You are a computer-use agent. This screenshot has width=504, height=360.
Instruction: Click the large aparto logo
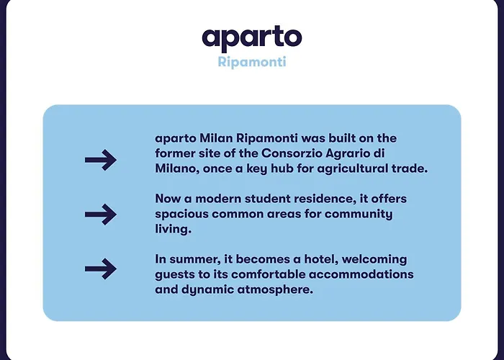click(x=252, y=39)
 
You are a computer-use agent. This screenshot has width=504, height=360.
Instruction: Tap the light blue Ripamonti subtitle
click(x=252, y=61)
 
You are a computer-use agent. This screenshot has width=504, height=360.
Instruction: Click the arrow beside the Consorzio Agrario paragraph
click(x=101, y=160)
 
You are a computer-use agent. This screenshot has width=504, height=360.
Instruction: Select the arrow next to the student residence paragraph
click(x=101, y=214)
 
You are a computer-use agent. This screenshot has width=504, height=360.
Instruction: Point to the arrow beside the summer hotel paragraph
click(x=101, y=269)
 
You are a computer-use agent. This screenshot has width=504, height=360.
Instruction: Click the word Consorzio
click(x=292, y=153)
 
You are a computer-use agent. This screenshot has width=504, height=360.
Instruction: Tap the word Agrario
click(x=348, y=154)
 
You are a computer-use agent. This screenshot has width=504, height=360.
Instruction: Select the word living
click(x=173, y=230)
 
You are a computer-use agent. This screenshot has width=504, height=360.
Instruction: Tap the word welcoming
click(x=374, y=260)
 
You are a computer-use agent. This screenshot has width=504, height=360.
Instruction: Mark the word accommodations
click(x=361, y=274)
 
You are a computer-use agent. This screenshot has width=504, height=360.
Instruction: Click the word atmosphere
click(x=275, y=290)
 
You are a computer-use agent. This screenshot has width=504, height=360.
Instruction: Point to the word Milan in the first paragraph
click(x=216, y=138)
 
